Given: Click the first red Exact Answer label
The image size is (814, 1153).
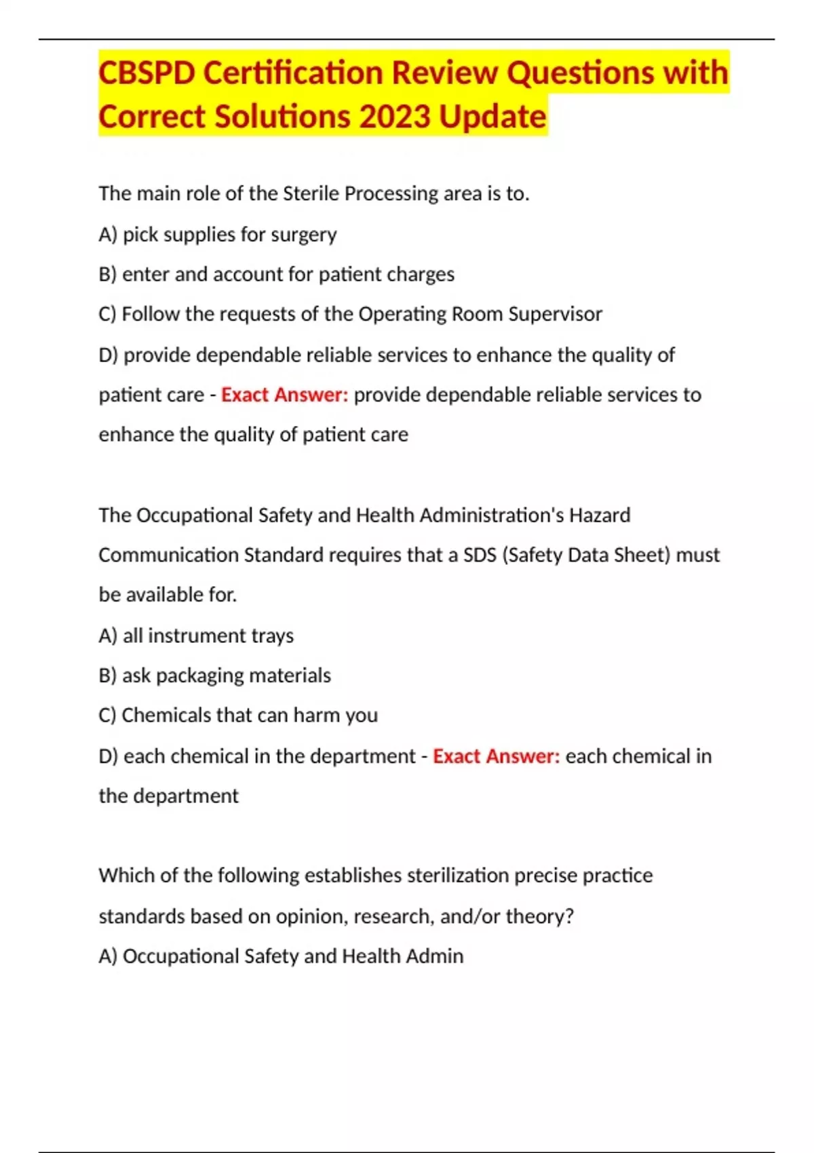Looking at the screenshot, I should tap(284, 395).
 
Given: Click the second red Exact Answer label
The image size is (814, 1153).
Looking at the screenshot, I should tap(496, 756).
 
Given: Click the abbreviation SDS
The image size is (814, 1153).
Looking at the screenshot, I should tap(480, 555).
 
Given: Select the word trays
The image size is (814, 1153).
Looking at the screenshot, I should tap(272, 636).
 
